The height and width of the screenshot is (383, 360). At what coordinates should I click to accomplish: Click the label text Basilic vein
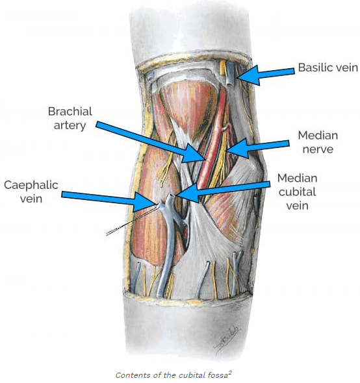(x=328, y=68)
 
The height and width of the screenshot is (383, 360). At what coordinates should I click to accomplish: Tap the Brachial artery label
(x=70, y=118)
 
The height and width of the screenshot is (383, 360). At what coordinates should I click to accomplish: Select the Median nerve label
(x=318, y=142)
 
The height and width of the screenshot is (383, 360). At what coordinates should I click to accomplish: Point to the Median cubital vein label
(x=297, y=191)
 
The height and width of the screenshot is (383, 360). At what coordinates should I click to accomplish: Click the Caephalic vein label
(x=31, y=191)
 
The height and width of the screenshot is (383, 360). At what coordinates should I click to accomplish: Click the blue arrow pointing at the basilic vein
(x=266, y=75)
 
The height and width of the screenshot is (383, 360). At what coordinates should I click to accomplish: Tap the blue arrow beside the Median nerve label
(x=257, y=147)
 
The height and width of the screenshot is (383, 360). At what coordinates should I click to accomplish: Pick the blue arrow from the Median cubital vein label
(x=222, y=191)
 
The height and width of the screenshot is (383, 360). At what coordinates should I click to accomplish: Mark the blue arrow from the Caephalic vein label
(x=109, y=200)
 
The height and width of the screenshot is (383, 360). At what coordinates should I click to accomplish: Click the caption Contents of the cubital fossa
(x=172, y=375)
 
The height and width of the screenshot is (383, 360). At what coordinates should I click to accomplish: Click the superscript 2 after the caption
(x=230, y=373)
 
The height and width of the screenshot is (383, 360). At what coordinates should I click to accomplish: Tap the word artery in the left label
(x=70, y=125)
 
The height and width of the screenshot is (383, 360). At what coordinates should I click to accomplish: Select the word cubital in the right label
(x=297, y=191)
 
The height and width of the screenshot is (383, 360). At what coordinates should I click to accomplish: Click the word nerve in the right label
(x=318, y=149)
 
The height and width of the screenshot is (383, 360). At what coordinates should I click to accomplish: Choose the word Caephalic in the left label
(x=31, y=186)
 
